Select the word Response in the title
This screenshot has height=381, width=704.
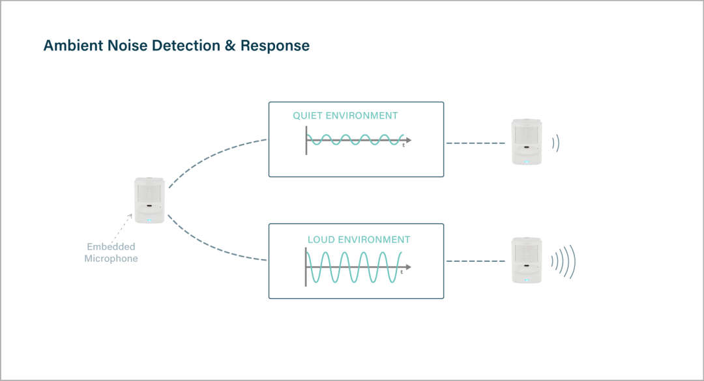coord(274,46)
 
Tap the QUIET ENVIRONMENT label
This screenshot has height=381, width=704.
coord(345,116)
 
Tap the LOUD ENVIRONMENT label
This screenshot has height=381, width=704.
coord(359,240)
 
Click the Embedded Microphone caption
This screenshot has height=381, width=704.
coord(111,253)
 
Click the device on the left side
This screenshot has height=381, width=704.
coord(150,200)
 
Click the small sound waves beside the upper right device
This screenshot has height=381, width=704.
coord(555,143)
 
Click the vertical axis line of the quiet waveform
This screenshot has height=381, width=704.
coord(306,139)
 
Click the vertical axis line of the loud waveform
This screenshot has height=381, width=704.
coord(305,266)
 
